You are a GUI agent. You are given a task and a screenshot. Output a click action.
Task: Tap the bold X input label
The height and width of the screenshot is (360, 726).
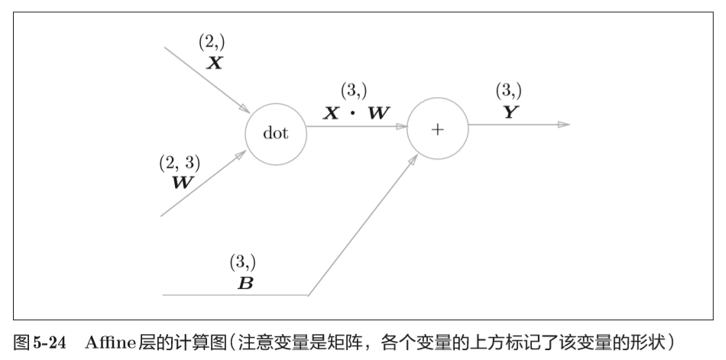point(216,63)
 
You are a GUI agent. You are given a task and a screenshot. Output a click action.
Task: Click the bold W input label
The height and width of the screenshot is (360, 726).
point(183,183)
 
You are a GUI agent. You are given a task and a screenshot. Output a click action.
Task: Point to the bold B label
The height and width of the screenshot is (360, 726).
point(245,282)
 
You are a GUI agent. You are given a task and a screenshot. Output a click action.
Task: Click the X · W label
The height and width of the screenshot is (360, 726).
point(356,113)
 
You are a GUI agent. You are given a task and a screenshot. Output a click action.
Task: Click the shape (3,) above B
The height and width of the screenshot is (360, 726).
point(243,262)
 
